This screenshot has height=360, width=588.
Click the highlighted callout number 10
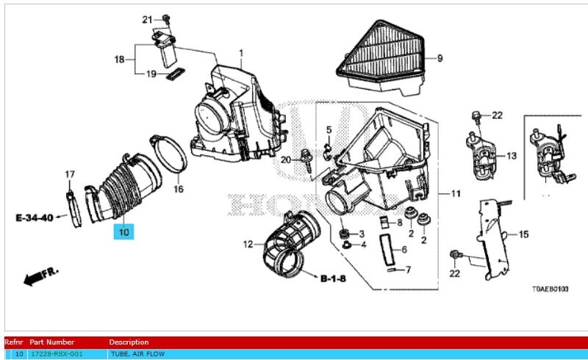[x=123, y=232]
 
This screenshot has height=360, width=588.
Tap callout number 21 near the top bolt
[x=146, y=18]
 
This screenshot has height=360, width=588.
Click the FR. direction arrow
[x=41, y=277]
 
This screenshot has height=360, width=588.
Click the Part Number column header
[x=51, y=342]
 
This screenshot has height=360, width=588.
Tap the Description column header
[x=129, y=342]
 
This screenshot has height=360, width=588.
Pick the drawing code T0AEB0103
[x=550, y=290]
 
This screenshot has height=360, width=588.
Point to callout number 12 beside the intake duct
[x=248, y=243]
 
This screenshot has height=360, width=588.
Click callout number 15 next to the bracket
[x=523, y=234]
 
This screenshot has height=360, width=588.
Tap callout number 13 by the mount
[x=511, y=156]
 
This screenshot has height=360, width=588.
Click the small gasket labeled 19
[x=175, y=73]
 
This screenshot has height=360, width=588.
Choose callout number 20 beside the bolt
[x=286, y=159]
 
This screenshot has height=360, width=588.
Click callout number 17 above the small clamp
[x=70, y=174]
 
